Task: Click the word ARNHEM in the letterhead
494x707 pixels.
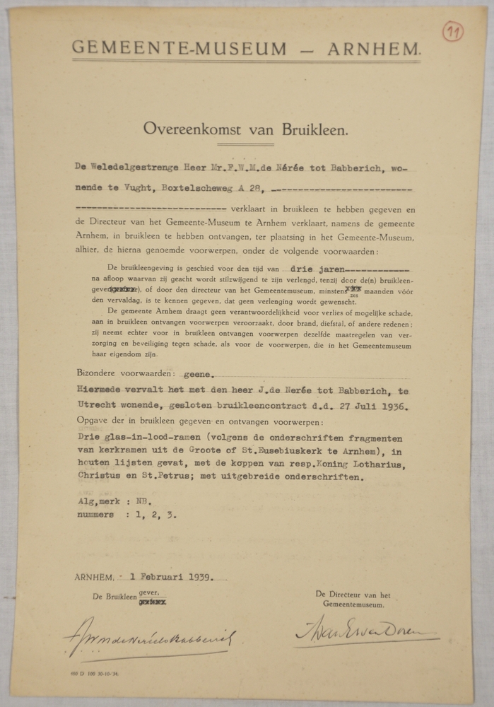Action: click(x=374, y=49)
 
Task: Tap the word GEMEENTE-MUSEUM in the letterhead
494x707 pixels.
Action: click(x=180, y=49)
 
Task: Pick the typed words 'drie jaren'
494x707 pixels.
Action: click(x=316, y=269)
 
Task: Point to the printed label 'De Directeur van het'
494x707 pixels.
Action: click(x=353, y=595)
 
